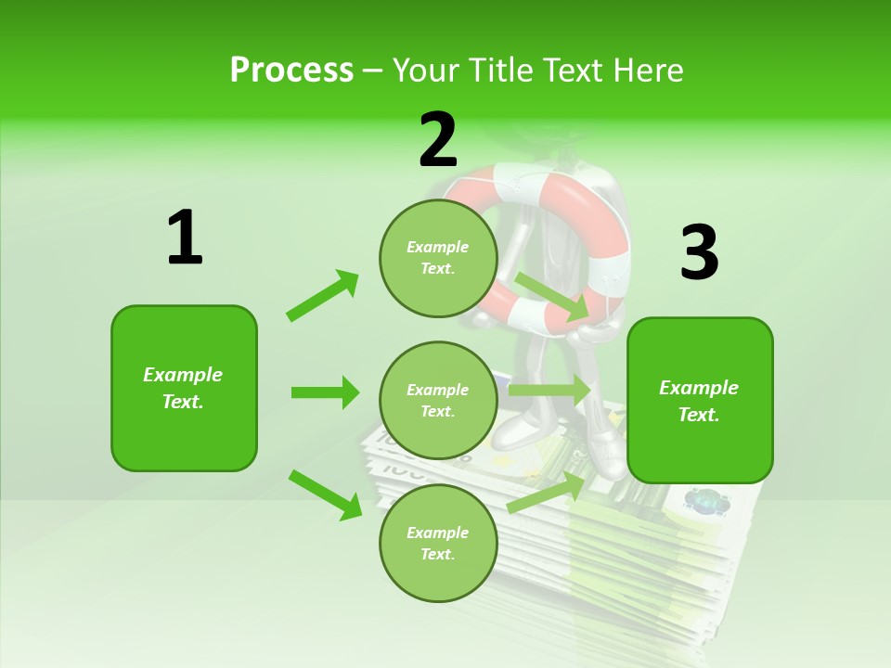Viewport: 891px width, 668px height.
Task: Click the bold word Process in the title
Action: coord(291,70)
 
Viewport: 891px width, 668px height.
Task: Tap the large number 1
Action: coord(185,238)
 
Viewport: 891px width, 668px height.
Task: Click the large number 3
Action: coord(699,253)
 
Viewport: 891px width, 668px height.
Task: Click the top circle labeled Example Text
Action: coord(438,258)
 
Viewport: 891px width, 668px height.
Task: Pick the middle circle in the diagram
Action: coord(438,401)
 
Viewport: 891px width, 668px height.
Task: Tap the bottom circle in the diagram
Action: coord(438,544)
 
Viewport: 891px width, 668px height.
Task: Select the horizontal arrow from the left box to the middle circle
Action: coord(325,392)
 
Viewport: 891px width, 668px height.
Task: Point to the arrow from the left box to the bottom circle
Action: coord(325,494)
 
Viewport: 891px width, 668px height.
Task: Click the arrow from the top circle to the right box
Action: coord(553,296)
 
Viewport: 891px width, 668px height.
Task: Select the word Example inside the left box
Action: coord(183,375)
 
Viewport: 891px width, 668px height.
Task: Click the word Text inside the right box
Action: coord(699,415)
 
